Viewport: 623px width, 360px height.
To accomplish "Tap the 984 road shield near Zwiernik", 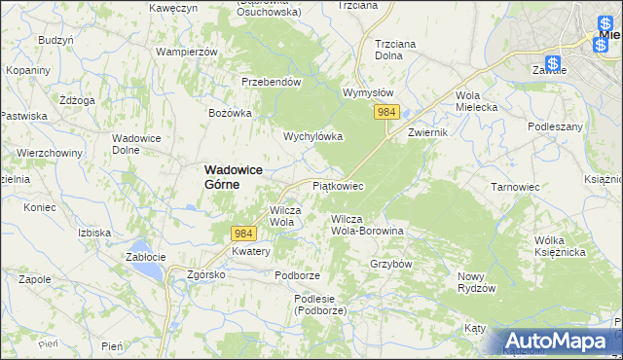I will pos(386,113).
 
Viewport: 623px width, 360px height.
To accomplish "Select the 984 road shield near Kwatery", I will pos(244,234).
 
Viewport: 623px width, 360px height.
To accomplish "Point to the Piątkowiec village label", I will pos(337,185).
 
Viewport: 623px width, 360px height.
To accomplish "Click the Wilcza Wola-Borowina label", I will pos(367,225).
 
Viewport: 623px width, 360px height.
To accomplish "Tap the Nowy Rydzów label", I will pos(477,282).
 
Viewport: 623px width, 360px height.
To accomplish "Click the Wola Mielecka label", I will pos(476,101).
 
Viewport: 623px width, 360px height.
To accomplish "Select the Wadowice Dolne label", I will pos(137,144).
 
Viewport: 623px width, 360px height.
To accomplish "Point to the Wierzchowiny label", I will pos(48,153).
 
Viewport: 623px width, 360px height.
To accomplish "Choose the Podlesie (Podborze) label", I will pos(321,305).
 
